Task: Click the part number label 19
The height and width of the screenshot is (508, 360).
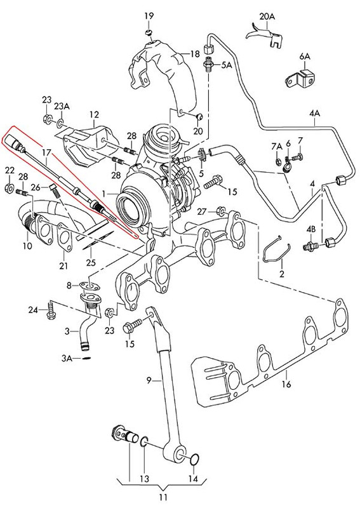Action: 149,16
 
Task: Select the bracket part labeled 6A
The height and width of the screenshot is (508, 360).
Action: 300,78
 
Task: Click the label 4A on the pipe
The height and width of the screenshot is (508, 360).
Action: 314,114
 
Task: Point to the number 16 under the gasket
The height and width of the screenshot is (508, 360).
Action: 286,384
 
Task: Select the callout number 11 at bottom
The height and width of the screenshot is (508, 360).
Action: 164,497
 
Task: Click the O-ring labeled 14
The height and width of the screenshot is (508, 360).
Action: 194,459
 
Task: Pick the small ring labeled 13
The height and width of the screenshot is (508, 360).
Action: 145,441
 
